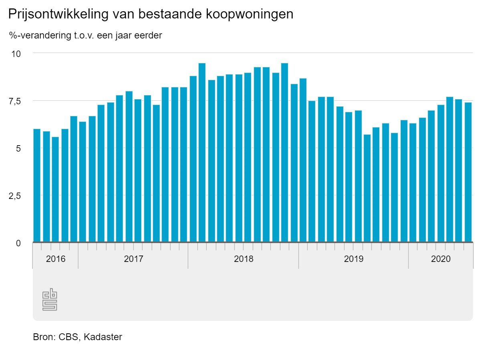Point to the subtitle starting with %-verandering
pos(85,36)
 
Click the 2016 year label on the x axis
pos(55,259)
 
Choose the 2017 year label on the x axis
pos(133,259)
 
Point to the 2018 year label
pos(244,259)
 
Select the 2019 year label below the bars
pos(354,259)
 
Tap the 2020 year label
pos(441,259)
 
